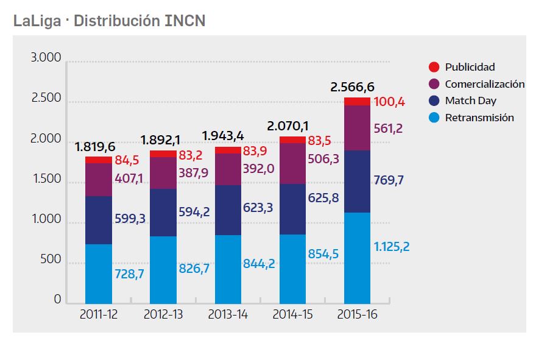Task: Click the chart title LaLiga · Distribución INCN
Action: coord(110,21)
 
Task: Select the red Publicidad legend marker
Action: coord(434,67)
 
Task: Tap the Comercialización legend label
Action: coord(484,84)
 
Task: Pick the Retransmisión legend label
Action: coord(479,118)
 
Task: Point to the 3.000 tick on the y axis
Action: coord(46,58)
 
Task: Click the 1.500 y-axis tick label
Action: coord(46,180)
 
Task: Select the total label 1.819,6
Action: coord(96,147)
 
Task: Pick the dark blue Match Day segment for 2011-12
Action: coord(98,220)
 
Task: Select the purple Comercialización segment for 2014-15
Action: coord(292,163)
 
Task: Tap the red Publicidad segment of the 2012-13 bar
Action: coord(163,154)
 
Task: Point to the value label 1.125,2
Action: coord(392,247)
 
